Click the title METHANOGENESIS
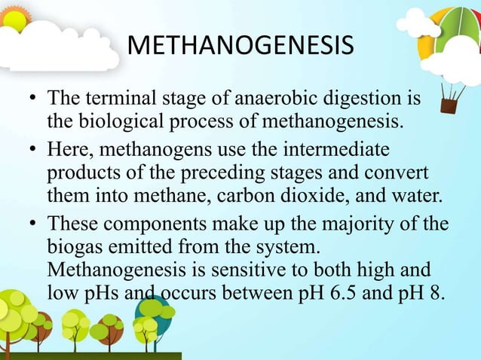(x=240, y=47)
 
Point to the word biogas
(x=73, y=246)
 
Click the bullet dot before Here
(x=32, y=145)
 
